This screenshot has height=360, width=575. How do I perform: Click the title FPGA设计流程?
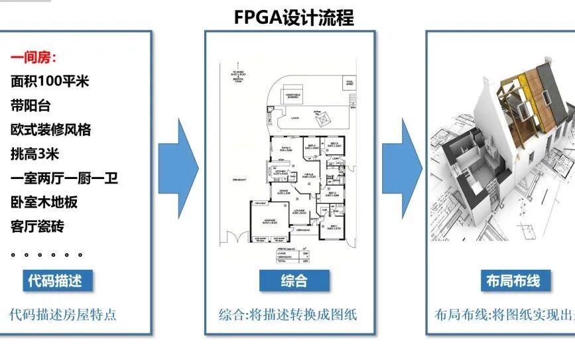(x=294, y=17)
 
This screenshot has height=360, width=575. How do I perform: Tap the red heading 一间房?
(x=34, y=58)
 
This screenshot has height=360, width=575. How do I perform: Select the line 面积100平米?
(x=50, y=82)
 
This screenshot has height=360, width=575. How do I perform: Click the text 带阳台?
(x=31, y=105)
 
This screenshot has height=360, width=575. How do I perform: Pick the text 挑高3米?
(x=35, y=154)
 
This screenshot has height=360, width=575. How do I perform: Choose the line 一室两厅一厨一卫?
(x=64, y=178)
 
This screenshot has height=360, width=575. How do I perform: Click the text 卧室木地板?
(x=44, y=202)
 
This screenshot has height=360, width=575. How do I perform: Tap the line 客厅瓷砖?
(x=38, y=226)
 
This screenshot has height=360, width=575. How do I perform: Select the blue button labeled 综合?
(x=293, y=280)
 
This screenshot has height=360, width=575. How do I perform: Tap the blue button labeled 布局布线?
(x=512, y=280)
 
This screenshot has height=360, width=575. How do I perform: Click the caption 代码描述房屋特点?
(x=63, y=314)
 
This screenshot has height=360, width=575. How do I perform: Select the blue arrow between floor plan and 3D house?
(x=403, y=166)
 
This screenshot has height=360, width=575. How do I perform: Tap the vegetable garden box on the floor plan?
(x=294, y=97)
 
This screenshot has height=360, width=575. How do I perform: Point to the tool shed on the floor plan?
(x=351, y=82)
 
